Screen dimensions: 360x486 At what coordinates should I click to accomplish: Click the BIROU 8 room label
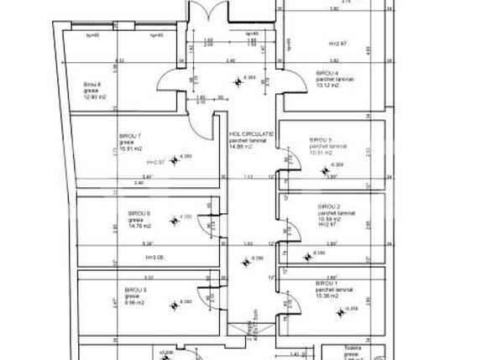click(92, 84)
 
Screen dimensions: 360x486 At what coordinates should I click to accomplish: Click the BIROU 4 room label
click(327, 73)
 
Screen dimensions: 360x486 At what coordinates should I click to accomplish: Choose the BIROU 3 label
click(321, 139)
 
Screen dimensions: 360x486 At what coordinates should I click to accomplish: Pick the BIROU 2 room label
click(329, 206)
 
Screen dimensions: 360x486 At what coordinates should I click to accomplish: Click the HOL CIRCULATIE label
click(252, 133)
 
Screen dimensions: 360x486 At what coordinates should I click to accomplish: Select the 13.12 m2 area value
click(328, 85)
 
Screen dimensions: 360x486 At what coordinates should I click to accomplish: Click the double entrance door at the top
click(206, 14)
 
